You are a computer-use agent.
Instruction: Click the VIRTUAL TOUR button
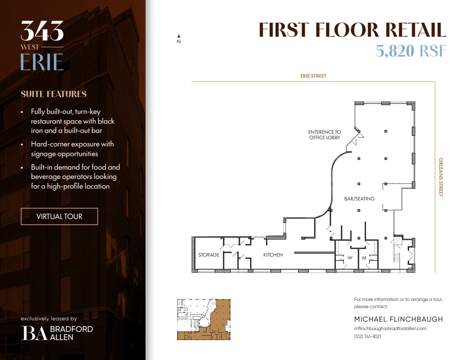coord(59,217)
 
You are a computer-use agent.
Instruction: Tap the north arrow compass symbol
coord(179,39)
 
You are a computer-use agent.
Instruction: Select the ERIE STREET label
coord(313,76)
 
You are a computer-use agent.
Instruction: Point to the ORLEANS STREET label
coord(441,177)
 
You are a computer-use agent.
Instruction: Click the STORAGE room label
coord(209,255)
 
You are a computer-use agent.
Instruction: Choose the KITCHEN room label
coord(273,255)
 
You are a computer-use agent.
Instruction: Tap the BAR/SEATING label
coord(359,199)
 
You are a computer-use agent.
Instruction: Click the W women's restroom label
coord(350,257)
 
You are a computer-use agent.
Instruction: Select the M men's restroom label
coord(364,257)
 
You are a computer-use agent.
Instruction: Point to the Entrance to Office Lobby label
coord(324,135)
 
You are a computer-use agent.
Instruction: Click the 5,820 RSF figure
coord(411,51)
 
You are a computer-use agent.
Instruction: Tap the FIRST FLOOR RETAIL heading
coord(352,30)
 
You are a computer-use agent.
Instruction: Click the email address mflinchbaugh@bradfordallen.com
coord(390,328)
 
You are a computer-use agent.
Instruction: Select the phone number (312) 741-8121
coord(367,336)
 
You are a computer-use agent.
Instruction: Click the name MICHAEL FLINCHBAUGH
coord(399,319)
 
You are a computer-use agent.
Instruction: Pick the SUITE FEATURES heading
coord(54,94)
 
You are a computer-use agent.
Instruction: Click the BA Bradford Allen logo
coord(57,333)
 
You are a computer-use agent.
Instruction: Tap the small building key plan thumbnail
coord(204,319)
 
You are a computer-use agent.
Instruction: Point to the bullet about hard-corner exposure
coord(72,149)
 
